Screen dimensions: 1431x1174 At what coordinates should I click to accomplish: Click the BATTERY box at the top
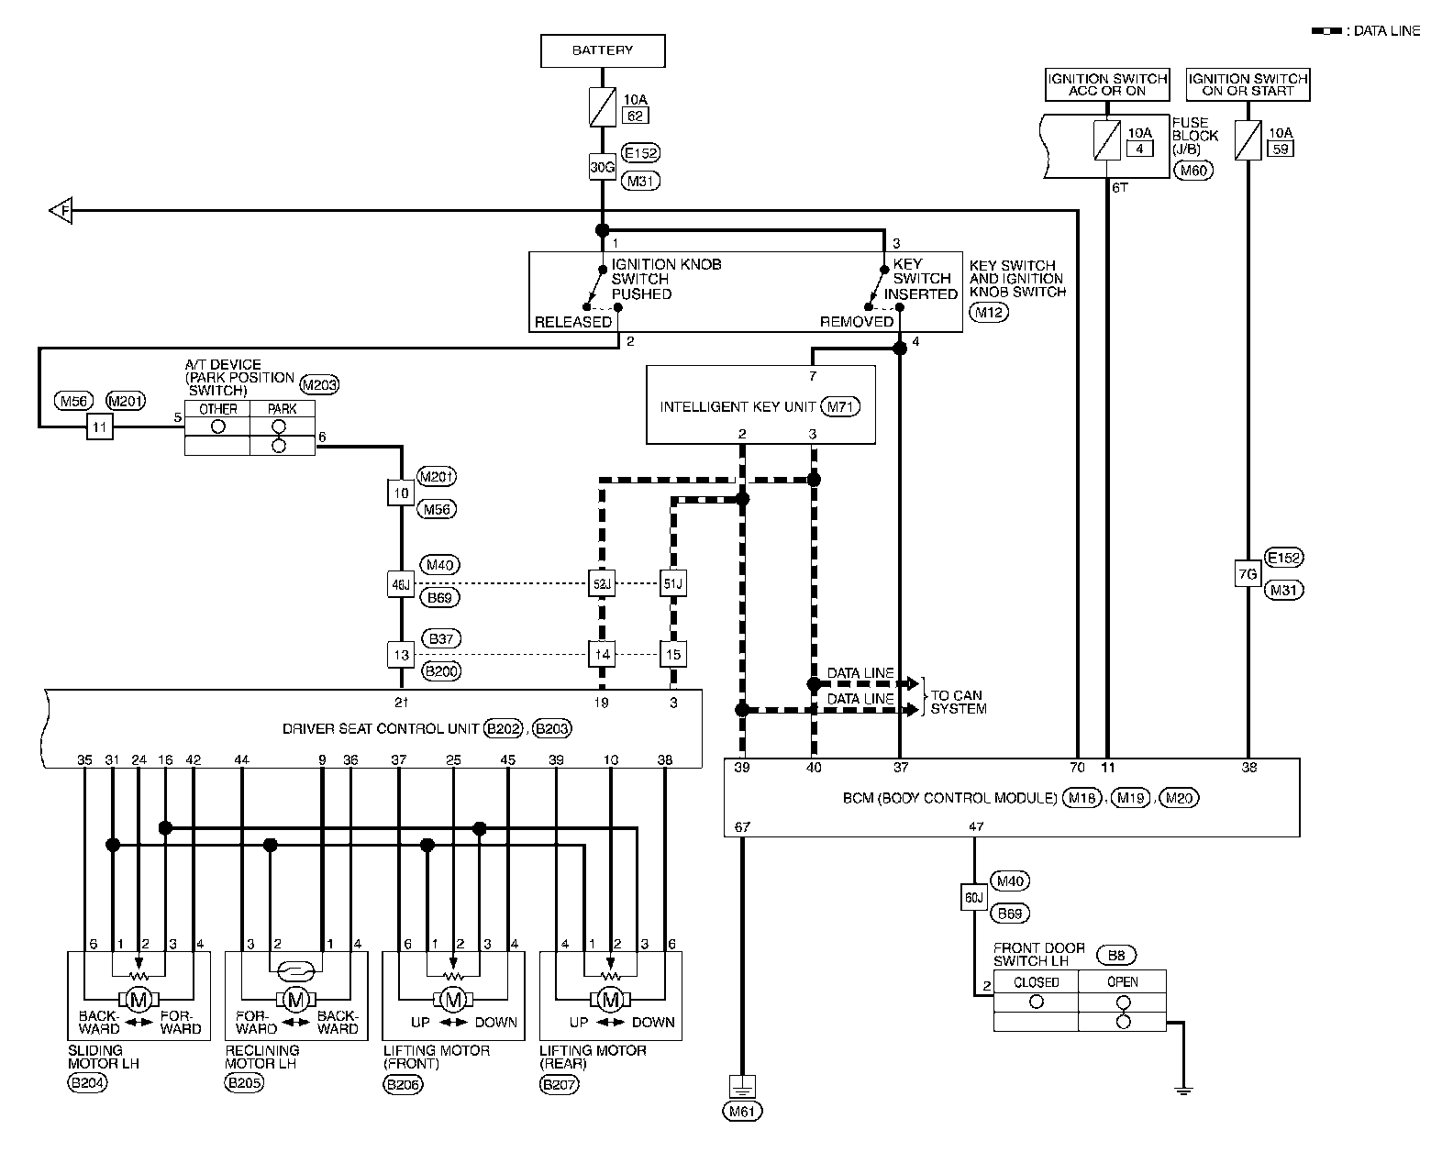[x=602, y=50]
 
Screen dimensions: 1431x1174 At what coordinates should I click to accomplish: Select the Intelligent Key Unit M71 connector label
[x=840, y=406]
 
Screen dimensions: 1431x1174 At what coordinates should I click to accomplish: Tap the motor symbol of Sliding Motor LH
[x=139, y=1000]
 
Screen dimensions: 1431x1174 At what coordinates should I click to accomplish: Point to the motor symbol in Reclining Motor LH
[x=296, y=1000]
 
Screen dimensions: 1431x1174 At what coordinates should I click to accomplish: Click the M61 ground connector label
[x=741, y=1111]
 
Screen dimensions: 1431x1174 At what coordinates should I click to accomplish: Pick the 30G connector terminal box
[x=602, y=167]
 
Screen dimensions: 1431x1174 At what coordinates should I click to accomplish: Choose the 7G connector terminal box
[x=1248, y=574]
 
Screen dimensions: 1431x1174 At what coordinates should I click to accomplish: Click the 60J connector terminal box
[x=973, y=897]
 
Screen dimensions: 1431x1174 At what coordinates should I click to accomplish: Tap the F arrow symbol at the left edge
[x=61, y=210]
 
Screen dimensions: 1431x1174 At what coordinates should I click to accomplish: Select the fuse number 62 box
[x=635, y=116]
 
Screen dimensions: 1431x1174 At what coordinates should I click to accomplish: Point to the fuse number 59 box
[x=1280, y=149]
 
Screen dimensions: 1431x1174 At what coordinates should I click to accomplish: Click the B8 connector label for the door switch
[x=1116, y=956]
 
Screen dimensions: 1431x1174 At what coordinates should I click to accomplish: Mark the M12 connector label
[x=989, y=312]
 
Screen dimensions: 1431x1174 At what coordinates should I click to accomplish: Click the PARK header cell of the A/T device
[x=282, y=408]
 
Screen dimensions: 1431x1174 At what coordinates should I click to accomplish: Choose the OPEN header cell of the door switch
[x=1122, y=982]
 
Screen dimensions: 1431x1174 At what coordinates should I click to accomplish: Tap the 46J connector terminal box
[x=400, y=583]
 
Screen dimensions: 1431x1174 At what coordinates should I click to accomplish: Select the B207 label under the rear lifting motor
[x=560, y=1084]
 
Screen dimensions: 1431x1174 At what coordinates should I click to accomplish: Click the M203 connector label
[x=319, y=385]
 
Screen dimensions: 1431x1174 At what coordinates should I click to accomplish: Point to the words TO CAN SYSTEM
[x=958, y=702]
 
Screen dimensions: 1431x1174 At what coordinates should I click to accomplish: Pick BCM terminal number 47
[x=976, y=826]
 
